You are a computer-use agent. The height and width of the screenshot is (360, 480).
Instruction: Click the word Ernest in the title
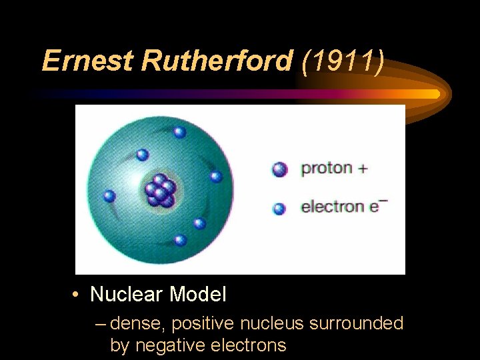[88, 61]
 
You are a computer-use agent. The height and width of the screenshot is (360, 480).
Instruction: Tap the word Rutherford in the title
[217, 61]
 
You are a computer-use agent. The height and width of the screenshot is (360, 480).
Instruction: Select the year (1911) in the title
[343, 61]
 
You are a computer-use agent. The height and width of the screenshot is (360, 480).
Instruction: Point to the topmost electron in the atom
[179, 132]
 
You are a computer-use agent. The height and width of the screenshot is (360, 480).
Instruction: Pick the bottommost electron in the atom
[179, 240]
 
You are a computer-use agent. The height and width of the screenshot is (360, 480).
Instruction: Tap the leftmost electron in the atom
[109, 196]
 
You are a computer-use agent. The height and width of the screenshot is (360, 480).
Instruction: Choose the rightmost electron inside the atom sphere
[216, 177]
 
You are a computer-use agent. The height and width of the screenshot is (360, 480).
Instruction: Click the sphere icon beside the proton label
[280, 169]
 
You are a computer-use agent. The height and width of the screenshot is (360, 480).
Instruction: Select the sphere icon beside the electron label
[279, 209]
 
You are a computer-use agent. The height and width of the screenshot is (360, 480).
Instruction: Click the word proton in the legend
[327, 169]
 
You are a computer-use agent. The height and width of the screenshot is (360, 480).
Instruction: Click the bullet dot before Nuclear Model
[78, 294]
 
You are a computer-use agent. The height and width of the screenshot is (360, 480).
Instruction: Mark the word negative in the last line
[167, 345]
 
